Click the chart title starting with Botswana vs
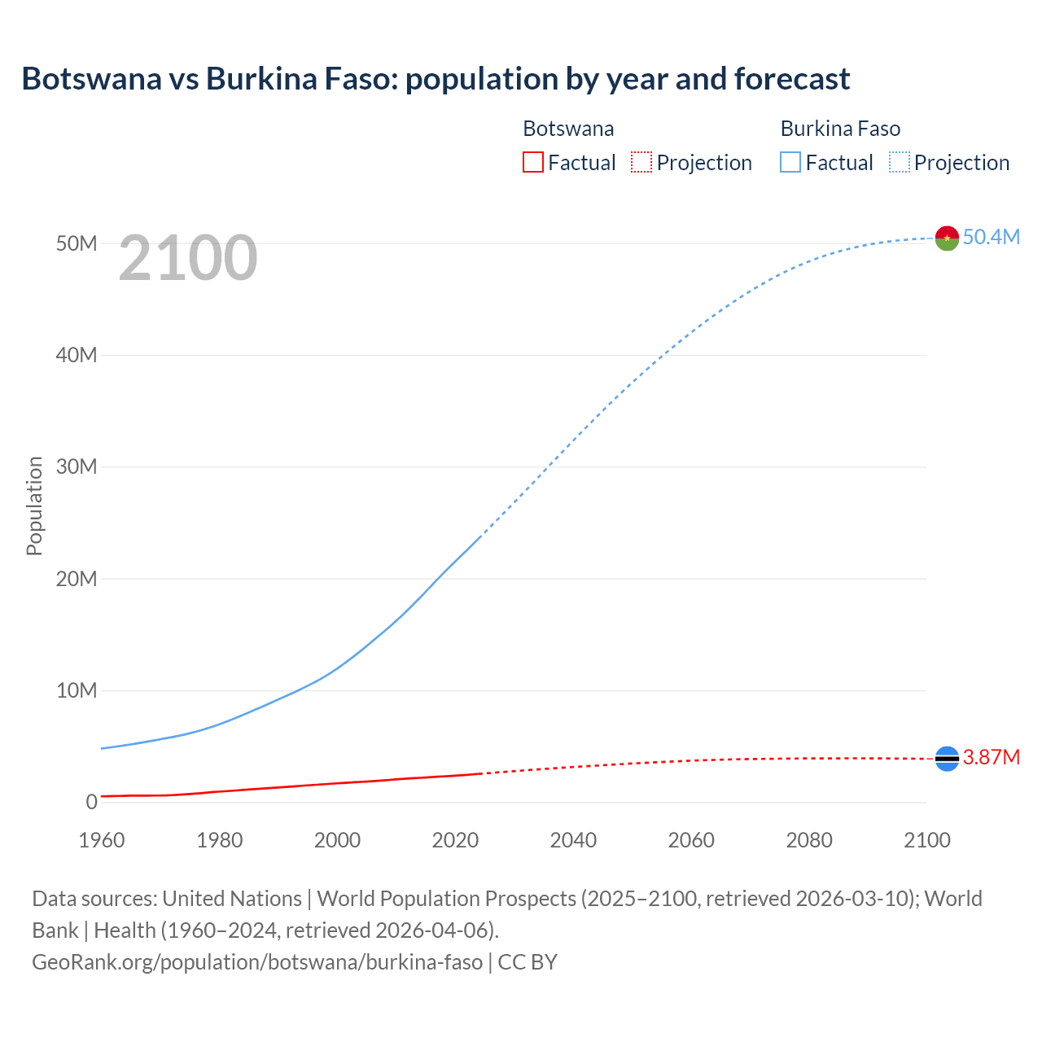click(436, 79)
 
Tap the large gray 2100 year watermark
click(188, 258)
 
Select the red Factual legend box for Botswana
click(532, 162)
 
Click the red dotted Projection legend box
click(641, 162)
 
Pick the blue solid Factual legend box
click(790, 162)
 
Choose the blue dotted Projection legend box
click(900, 162)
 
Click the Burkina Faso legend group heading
click(840, 129)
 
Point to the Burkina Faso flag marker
click(947, 238)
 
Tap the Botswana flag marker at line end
click(947, 759)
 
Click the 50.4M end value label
click(991, 237)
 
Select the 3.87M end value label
click(991, 758)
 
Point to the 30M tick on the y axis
click(77, 466)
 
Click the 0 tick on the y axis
click(91, 802)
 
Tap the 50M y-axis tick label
click(77, 243)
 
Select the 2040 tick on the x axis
click(573, 840)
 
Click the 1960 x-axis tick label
click(102, 840)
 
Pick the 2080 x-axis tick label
click(809, 840)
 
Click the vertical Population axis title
click(34, 506)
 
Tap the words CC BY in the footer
click(528, 962)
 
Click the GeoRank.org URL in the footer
click(257, 962)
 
